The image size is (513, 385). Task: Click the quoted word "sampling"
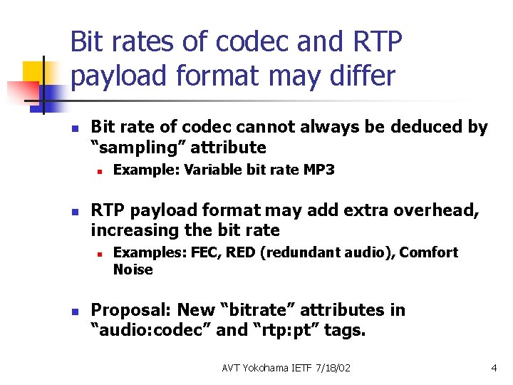point(141,148)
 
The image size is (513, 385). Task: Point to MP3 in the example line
point(319,170)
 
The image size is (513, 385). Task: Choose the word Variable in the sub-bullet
point(192,170)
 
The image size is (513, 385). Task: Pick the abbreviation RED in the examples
point(242,252)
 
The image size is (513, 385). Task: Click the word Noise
point(133,269)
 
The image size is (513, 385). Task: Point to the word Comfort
point(430,252)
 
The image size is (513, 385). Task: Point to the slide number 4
point(494,368)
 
